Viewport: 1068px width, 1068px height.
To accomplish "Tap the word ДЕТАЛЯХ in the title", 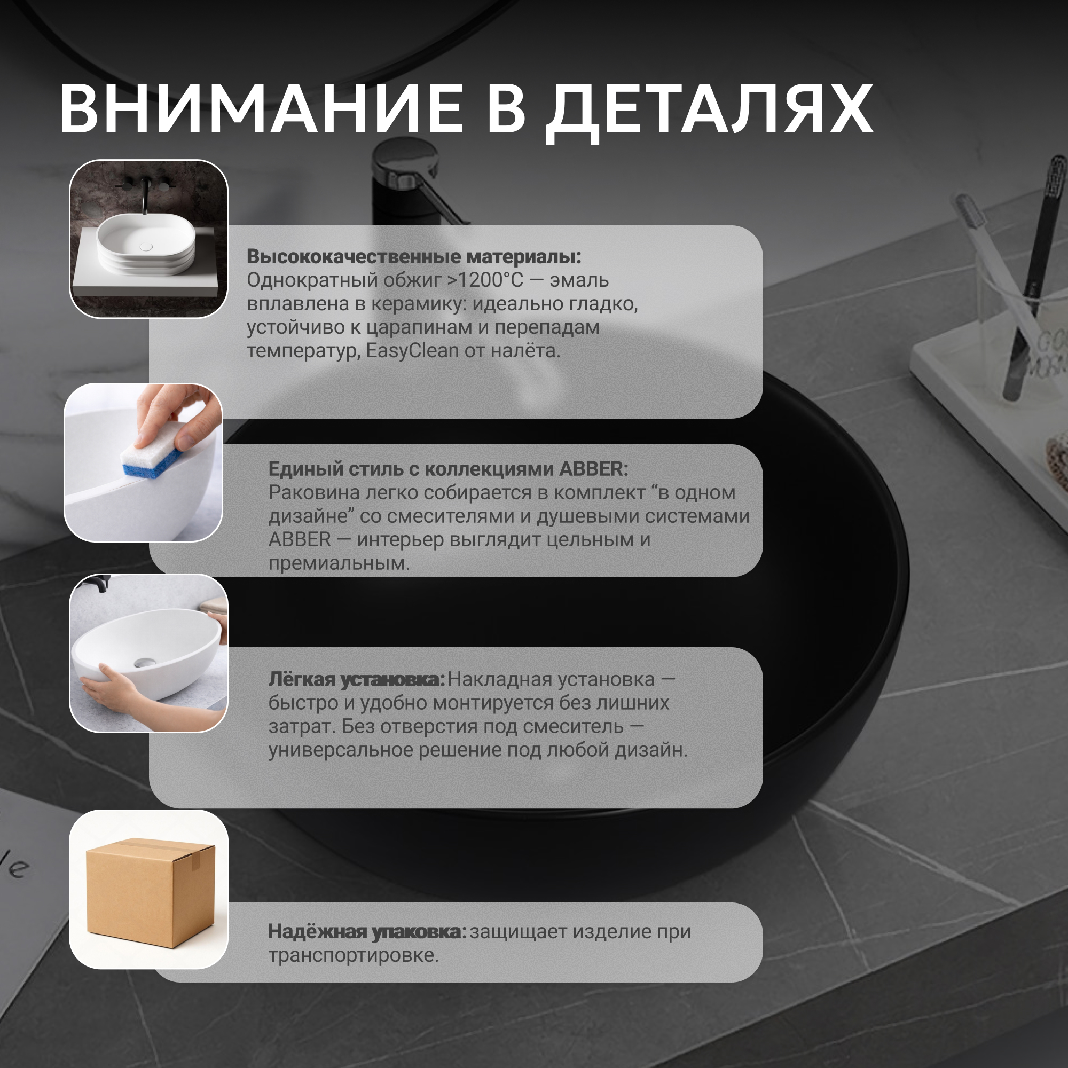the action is pyautogui.click(x=709, y=111).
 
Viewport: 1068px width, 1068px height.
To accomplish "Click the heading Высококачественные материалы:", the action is pyautogui.click(x=414, y=256).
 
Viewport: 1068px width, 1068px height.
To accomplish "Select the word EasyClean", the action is pyautogui.click(x=412, y=351).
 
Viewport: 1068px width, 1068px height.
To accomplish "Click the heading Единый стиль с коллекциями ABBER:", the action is pyautogui.click(x=449, y=469).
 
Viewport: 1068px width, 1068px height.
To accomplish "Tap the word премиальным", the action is pyautogui.click(x=339, y=563).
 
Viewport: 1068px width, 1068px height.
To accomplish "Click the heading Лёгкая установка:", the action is pyautogui.click(x=357, y=680).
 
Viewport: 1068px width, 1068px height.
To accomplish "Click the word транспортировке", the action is pyautogui.click(x=353, y=956).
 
